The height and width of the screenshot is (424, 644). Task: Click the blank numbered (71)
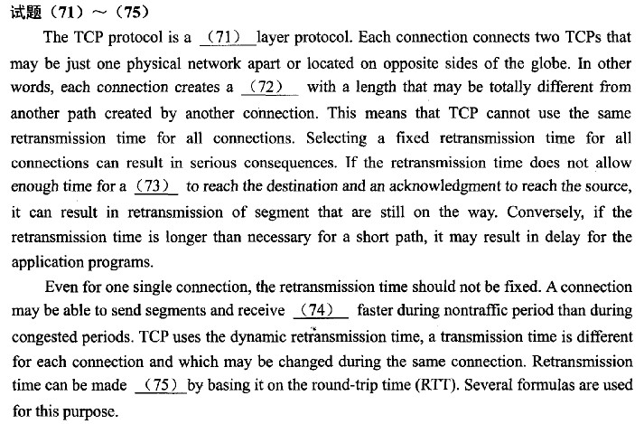click(228, 38)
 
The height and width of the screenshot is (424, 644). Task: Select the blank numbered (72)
click(270, 87)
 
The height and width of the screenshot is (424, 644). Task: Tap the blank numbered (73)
click(156, 186)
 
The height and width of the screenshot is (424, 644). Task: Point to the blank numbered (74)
click(321, 310)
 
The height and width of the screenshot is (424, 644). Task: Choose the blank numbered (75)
click(161, 385)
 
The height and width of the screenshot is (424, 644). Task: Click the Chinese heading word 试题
click(26, 13)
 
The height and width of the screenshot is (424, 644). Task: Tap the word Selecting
click(336, 138)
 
